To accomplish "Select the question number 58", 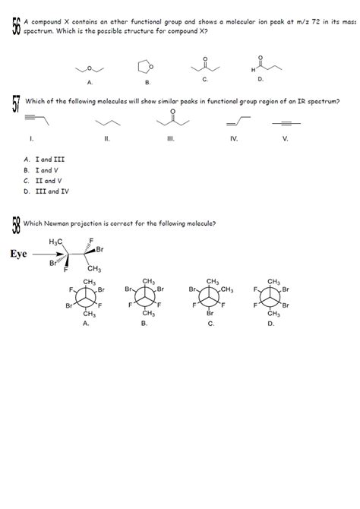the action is [x=16, y=224].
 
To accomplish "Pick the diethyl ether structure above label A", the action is [x=90, y=68].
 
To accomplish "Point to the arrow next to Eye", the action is [x=48, y=254].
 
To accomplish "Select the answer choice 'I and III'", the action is [x=46, y=160].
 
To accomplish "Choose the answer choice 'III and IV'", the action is [x=47, y=192].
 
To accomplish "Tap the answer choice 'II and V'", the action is [x=45, y=182].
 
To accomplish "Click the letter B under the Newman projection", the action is [x=144, y=324].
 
